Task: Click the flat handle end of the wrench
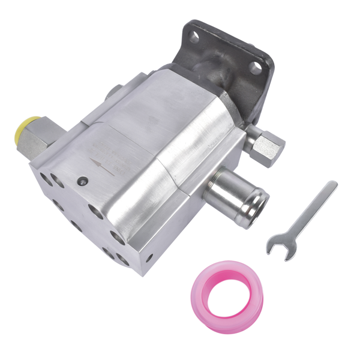point(329,188)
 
